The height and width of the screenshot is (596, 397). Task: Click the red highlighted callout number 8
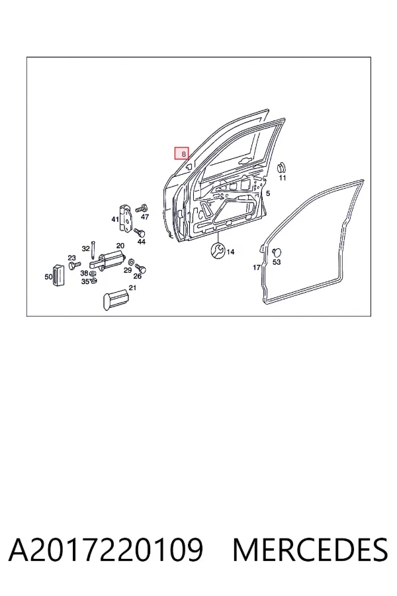coord(181,154)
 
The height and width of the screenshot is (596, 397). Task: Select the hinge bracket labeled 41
coord(125,218)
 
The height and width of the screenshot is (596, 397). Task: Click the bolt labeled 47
coord(142,208)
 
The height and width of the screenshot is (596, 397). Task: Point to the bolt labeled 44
coord(140,232)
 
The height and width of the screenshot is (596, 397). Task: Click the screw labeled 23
coord(75,264)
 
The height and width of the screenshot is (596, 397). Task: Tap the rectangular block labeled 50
coord(58,275)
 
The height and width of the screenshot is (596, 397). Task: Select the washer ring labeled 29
coord(131,262)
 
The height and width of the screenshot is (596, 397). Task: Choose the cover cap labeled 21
coord(114,299)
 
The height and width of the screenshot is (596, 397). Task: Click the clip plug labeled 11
coord(281,168)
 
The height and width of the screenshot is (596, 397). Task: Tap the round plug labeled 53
coord(277,252)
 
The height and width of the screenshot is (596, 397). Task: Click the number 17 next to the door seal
coord(257,268)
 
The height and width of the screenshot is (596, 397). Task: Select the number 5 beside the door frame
coord(268,193)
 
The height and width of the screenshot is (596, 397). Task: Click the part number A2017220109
coord(106,549)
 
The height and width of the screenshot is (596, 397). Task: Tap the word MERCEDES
coord(310,549)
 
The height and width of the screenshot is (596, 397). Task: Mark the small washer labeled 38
coord(93,273)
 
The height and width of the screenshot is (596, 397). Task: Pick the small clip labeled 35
coord(93,281)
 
